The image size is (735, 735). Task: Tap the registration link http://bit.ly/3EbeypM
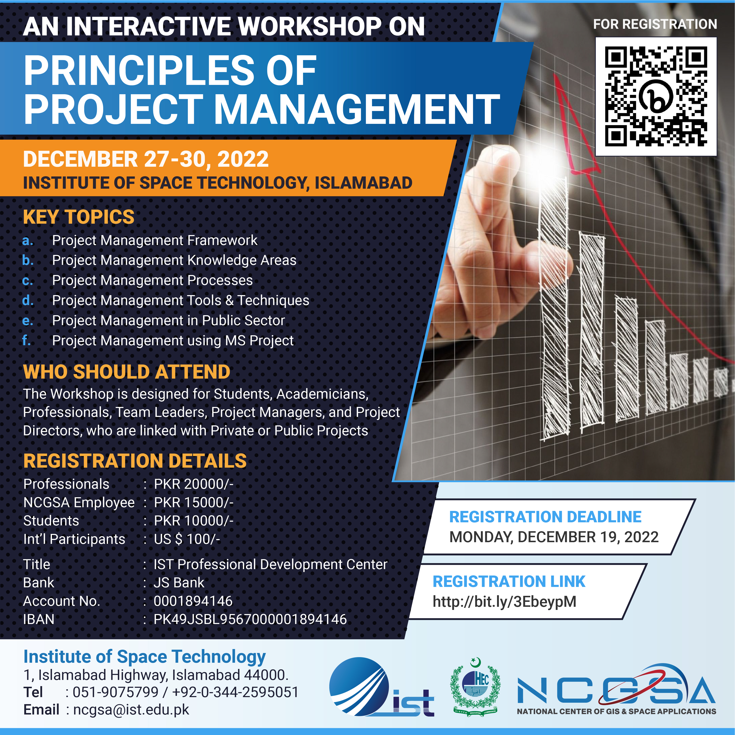pyautogui.click(x=504, y=601)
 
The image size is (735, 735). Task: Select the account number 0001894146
pyautogui.click(x=193, y=601)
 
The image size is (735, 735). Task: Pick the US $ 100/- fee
pyautogui.click(x=187, y=539)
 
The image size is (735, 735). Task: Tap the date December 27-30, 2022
pyautogui.click(x=146, y=159)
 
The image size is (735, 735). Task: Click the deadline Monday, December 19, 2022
pyautogui.click(x=554, y=537)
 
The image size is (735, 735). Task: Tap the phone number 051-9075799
pyautogui.click(x=115, y=692)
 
